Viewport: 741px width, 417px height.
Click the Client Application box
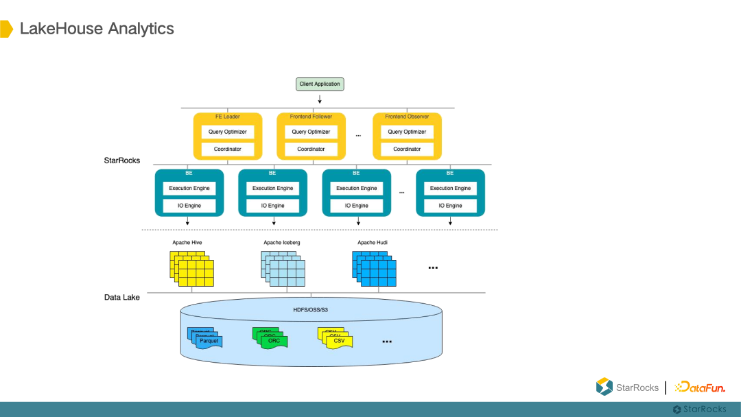(x=320, y=84)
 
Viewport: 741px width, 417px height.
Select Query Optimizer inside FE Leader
(x=228, y=132)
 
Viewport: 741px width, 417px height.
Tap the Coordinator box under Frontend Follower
(x=311, y=149)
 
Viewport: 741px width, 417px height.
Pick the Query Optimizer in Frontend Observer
(x=407, y=132)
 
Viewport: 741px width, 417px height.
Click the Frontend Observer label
(x=407, y=117)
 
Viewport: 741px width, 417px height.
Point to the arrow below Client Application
(x=320, y=99)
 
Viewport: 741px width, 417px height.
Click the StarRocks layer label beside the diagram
(x=122, y=160)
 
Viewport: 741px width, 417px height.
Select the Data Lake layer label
(x=122, y=297)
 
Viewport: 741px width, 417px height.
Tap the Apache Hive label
(x=187, y=243)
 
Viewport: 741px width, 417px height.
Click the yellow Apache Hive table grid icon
(x=191, y=268)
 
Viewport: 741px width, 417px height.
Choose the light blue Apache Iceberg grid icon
(x=283, y=268)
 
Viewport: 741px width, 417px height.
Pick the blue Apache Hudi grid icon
(x=374, y=268)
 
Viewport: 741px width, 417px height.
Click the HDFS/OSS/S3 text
(x=311, y=309)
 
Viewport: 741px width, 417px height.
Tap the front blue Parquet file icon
(x=209, y=342)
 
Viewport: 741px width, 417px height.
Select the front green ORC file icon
(x=274, y=342)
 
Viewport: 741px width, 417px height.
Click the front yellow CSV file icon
(x=339, y=342)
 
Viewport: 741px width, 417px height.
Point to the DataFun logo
(x=699, y=388)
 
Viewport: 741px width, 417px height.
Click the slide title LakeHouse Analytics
(x=97, y=29)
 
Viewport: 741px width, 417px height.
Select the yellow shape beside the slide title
(x=6, y=29)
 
